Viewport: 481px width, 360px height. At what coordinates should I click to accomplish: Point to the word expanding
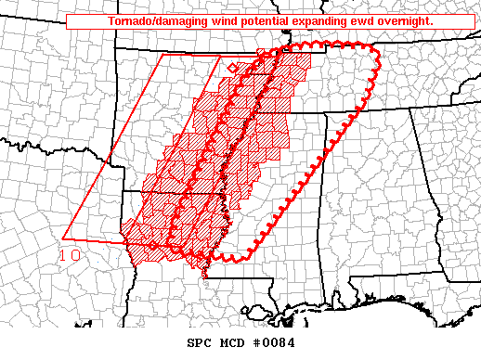pos(319,20)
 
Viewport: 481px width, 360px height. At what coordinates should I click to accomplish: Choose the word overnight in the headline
pos(407,20)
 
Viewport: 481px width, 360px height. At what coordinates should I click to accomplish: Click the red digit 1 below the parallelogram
pos(63,255)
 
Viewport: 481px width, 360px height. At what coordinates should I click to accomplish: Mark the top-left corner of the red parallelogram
pos(163,55)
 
